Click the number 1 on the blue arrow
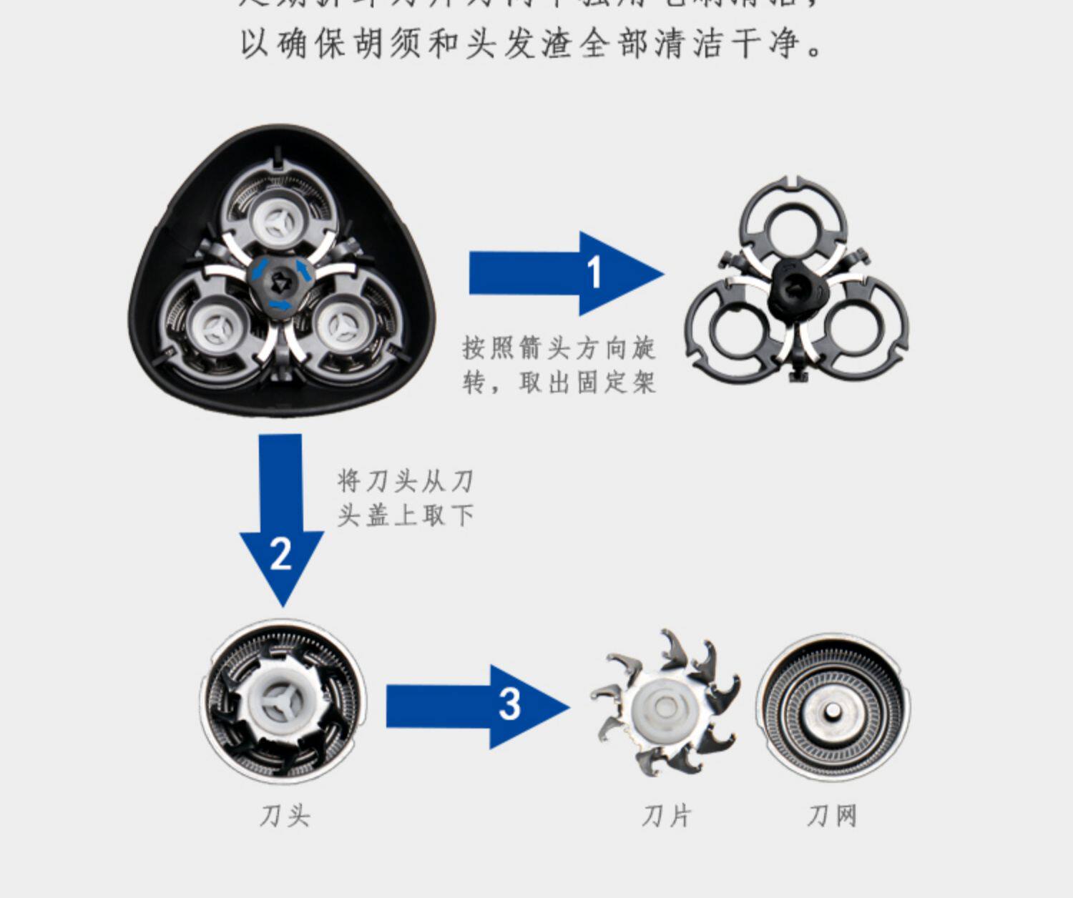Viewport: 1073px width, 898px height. point(594,273)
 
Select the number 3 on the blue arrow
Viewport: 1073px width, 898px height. point(509,704)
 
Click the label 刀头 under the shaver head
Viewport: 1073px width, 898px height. point(285,815)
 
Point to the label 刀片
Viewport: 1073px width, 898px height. point(666,815)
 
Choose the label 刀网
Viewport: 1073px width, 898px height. point(832,815)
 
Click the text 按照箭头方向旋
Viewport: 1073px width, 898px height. point(559,348)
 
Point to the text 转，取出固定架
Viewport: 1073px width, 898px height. point(559,383)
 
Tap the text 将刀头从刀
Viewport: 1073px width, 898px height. point(406,480)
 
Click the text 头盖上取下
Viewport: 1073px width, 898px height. point(406,515)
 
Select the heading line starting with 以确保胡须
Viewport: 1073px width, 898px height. point(533,43)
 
